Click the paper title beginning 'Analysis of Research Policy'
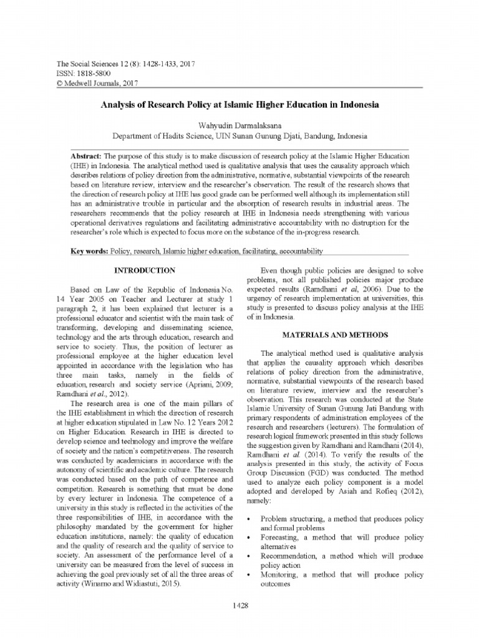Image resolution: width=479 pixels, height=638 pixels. click(239, 107)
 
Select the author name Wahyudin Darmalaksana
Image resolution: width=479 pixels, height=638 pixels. click(239, 125)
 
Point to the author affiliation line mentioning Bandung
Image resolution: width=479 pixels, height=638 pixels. click(239, 135)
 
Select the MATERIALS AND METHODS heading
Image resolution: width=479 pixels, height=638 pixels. click(336, 335)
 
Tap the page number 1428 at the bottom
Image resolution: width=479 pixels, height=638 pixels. click(239, 605)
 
